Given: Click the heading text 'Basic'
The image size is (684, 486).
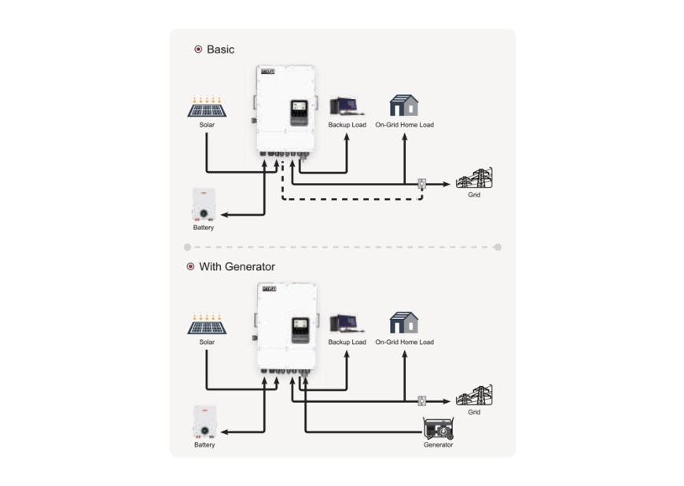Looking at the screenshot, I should click(x=220, y=49).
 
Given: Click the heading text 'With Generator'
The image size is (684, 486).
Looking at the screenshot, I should click(x=237, y=267).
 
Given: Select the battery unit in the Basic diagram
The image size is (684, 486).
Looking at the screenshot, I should click(x=204, y=205).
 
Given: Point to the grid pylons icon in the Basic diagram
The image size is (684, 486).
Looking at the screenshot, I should click(x=474, y=178).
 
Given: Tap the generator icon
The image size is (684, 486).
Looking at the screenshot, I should click(x=438, y=428).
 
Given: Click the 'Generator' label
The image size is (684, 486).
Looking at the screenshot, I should click(x=438, y=445).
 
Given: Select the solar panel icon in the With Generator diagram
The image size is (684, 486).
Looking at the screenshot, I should click(x=207, y=324).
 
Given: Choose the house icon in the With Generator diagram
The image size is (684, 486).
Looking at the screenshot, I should click(x=404, y=323).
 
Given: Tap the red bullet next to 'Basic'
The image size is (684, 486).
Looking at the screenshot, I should click(x=198, y=49).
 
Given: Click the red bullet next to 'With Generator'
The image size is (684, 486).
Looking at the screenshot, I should click(x=190, y=267).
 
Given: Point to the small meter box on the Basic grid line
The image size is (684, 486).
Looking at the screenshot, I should click(x=421, y=184).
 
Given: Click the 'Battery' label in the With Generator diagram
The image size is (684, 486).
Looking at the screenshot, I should click(x=204, y=445).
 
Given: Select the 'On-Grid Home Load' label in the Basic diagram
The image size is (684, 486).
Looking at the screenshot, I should click(x=404, y=125).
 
